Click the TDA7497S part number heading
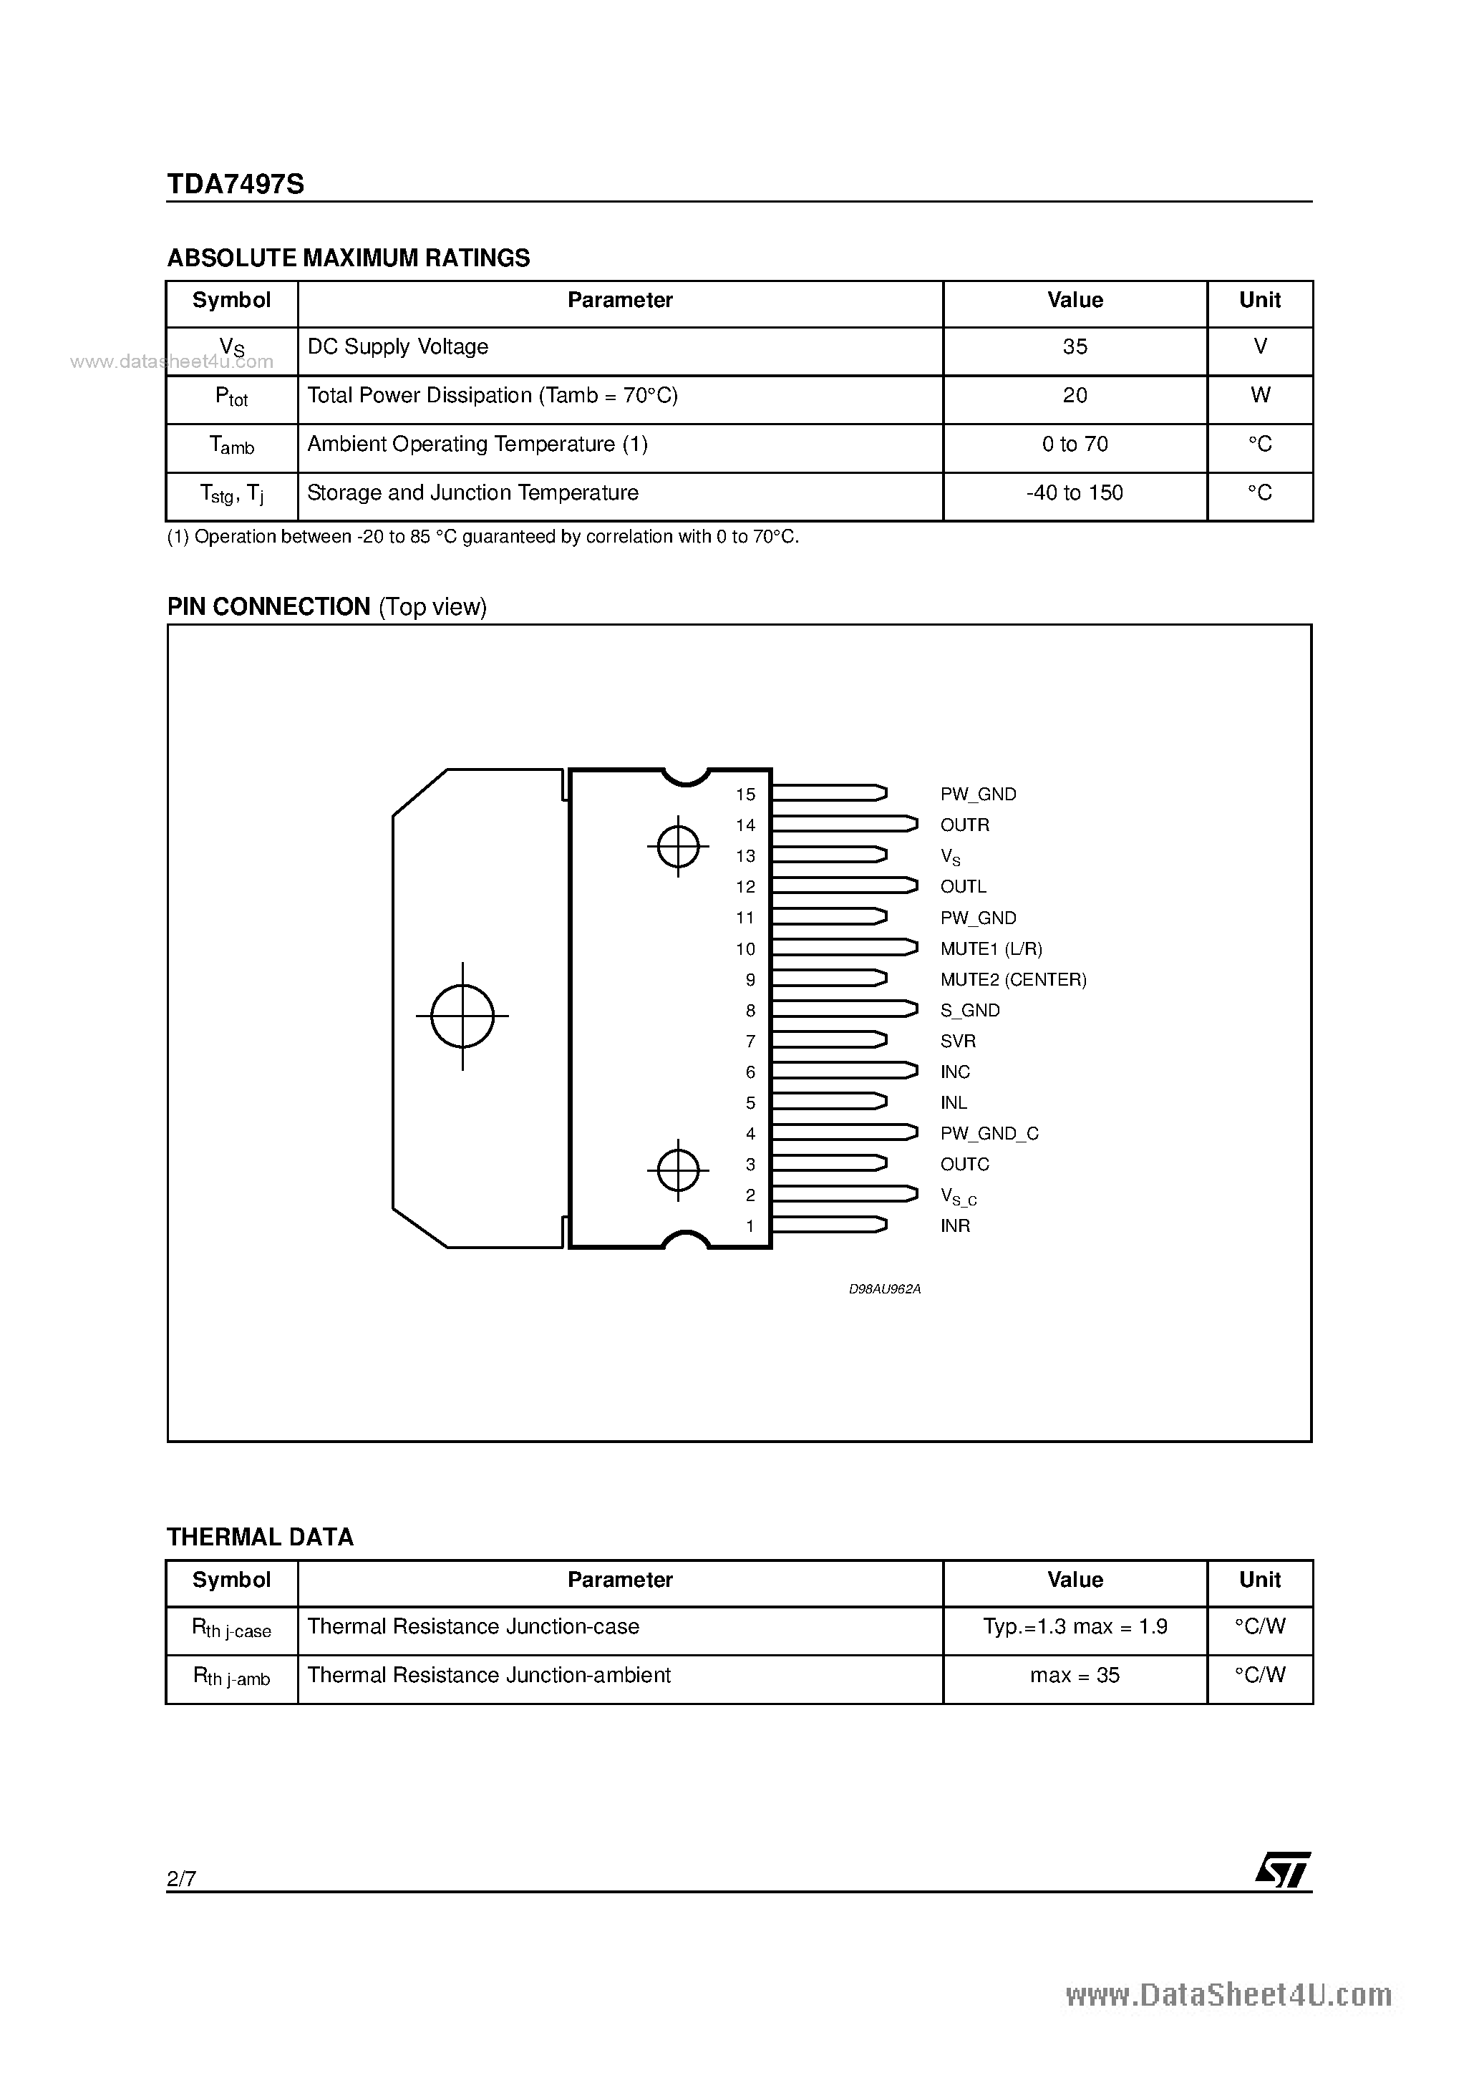pos(236,184)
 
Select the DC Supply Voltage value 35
pos(1075,347)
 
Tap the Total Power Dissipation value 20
pos(1075,396)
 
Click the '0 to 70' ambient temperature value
pos(1075,445)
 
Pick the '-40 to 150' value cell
pos(1075,493)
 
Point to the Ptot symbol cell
pos(232,397)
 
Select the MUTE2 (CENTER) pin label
pos(1013,980)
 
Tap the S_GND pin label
pos(970,1011)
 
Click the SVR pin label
pos(957,1041)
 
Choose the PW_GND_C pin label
pos(989,1134)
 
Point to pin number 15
pos(746,795)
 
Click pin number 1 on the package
pos(750,1227)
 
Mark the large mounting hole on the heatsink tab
pos(462,1016)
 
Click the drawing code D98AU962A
pos(885,1290)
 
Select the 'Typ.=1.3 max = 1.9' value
pos(1075,1627)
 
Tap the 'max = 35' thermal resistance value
pos(1075,1676)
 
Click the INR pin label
pos(955,1227)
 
